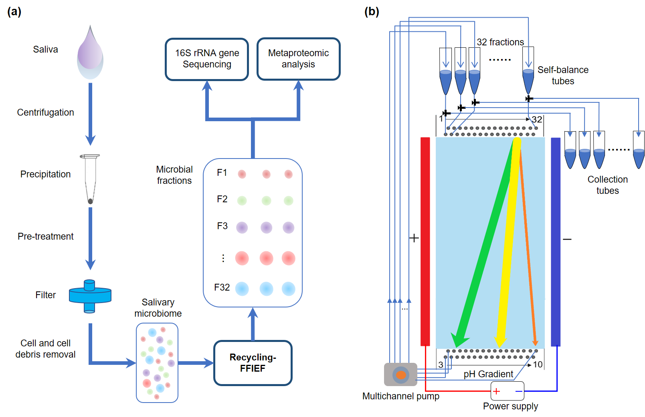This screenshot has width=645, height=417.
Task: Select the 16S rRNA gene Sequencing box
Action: point(207,59)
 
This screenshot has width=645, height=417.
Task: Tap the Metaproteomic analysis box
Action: point(298,59)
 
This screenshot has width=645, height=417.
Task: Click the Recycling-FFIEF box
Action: point(253,363)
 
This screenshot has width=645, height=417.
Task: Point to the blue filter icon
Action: point(90,296)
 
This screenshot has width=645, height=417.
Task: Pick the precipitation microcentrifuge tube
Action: point(90,179)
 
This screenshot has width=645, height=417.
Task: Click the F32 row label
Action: point(222,287)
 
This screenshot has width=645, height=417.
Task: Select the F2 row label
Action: point(222,199)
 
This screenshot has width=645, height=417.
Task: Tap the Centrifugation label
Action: point(45,112)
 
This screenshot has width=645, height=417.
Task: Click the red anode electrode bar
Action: point(425,241)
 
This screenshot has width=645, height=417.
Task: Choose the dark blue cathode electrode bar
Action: point(556,241)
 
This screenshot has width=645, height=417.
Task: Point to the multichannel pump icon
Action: point(400,374)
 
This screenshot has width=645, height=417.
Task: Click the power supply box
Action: point(507,391)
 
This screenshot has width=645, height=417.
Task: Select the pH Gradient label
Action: point(488,374)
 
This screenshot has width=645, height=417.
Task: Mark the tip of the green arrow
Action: point(456,346)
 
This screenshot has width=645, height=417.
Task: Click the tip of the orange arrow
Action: point(535,344)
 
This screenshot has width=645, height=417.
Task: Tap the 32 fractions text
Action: point(500,42)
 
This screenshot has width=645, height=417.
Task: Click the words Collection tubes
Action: point(607,185)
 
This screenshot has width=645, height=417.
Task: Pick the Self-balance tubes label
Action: point(563,75)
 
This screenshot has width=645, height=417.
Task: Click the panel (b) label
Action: point(372,12)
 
